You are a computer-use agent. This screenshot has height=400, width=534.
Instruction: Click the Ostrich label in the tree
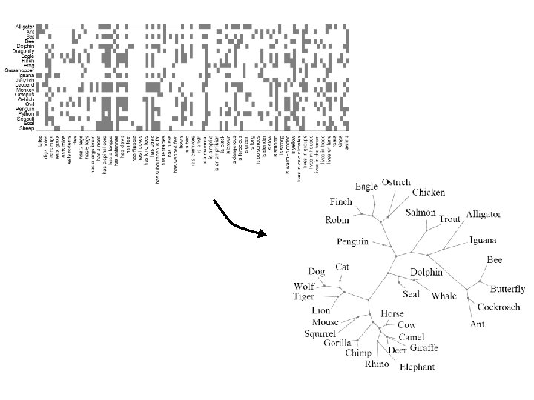[x=396, y=183]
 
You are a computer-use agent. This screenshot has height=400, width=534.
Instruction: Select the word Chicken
[x=428, y=193]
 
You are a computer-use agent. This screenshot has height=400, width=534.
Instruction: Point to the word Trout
[x=449, y=219]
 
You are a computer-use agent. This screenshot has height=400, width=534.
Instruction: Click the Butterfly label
[x=507, y=289]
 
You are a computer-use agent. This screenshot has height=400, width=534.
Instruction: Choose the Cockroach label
[x=498, y=307]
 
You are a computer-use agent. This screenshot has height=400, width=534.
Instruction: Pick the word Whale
[x=444, y=296]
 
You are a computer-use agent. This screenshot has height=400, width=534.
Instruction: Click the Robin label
[x=338, y=220]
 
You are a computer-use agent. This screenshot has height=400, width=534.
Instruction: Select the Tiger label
[x=303, y=297]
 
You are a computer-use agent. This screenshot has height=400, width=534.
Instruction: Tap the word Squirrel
[x=321, y=333]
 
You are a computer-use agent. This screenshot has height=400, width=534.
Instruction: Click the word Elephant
[x=418, y=367]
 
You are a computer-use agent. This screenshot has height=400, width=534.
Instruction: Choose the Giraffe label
[x=423, y=348]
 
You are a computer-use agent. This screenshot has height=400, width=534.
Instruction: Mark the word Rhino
[x=377, y=364]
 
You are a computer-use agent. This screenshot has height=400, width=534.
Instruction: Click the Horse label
[x=392, y=314]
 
